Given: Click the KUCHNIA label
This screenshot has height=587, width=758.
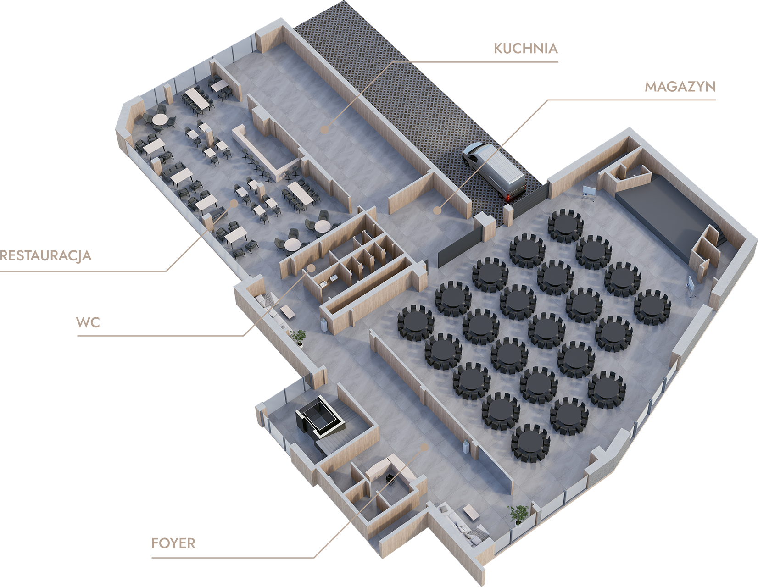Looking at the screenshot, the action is click(x=526, y=49).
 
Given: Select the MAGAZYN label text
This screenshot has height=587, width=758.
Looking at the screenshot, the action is click(x=680, y=87).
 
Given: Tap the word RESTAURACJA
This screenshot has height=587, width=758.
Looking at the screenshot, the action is click(x=45, y=256).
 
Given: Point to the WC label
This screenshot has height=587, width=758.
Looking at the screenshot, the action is click(x=88, y=322).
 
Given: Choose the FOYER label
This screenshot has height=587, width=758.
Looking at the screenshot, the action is click(x=173, y=543).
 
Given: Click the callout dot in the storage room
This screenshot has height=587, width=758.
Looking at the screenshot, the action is click(x=437, y=210).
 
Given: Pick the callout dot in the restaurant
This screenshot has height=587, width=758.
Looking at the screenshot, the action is click(x=234, y=203).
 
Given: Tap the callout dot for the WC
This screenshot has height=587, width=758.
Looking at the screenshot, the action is click(x=312, y=268).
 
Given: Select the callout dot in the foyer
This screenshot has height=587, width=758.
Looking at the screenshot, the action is click(x=424, y=447).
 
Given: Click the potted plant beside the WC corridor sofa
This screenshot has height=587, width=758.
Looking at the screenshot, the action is click(x=299, y=338).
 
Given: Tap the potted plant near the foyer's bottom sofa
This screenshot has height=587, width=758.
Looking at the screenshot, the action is click(x=518, y=515).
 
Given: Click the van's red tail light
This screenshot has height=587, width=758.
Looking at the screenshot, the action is click(x=508, y=198).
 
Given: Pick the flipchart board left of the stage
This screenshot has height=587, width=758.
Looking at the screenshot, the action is click(x=589, y=193).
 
